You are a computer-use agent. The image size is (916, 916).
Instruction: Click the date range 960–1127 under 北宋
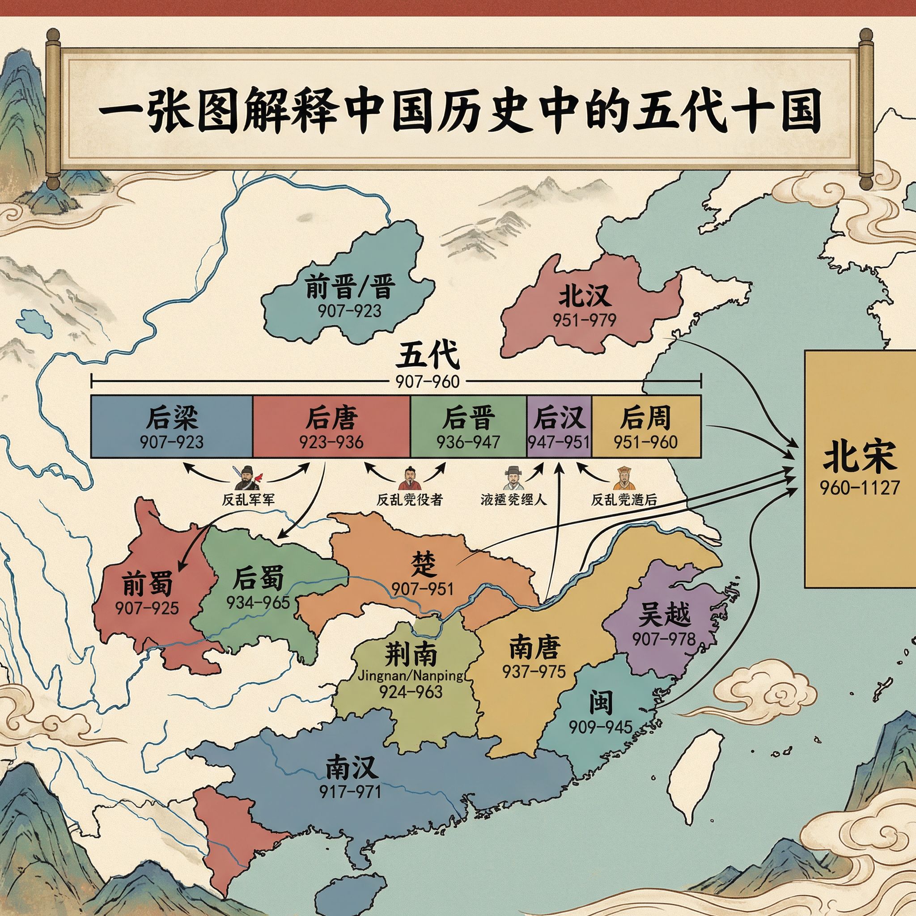pyautogui.click(x=859, y=488)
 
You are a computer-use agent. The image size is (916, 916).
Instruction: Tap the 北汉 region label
pyautogui.click(x=585, y=297)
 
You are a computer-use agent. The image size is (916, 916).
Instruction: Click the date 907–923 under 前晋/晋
pyautogui.click(x=349, y=311)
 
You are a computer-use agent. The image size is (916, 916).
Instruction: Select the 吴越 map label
pyautogui.click(x=664, y=615)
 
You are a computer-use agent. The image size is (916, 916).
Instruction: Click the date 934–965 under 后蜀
pyautogui.click(x=258, y=602)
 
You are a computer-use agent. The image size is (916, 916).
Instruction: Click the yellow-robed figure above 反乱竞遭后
pyautogui.click(x=623, y=479)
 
